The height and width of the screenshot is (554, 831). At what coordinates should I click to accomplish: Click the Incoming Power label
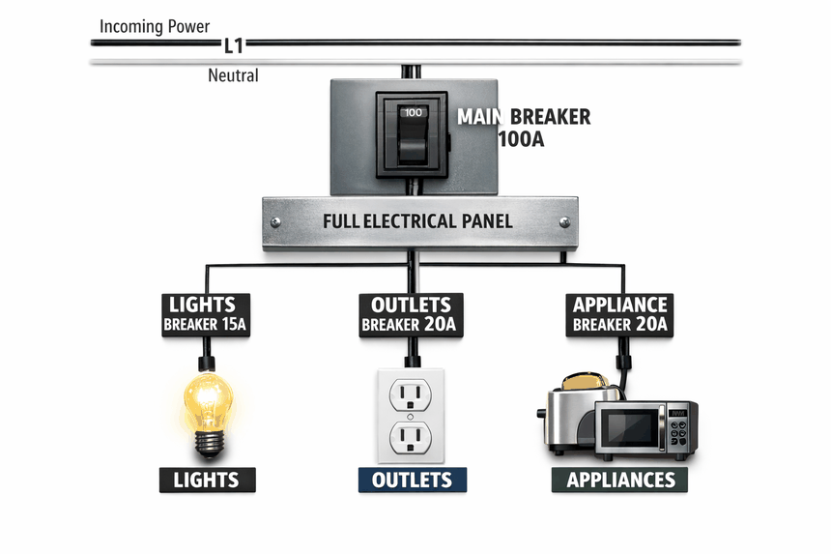pyautogui.click(x=155, y=26)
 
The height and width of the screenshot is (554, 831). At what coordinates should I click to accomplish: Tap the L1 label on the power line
pyautogui.click(x=233, y=44)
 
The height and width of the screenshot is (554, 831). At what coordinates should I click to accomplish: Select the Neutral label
pyautogui.click(x=233, y=75)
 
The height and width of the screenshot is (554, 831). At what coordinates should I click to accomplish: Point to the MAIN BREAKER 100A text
pyautogui.click(x=523, y=128)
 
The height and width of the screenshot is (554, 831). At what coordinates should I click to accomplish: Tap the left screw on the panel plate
pyautogui.click(x=276, y=221)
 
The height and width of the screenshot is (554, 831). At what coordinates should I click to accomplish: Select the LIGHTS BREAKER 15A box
pyautogui.click(x=205, y=314)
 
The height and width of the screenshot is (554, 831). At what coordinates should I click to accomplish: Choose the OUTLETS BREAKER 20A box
pyautogui.click(x=410, y=314)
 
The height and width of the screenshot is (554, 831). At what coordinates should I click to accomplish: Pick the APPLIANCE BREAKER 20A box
pyautogui.click(x=619, y=314)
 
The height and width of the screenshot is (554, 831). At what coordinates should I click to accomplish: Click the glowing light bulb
pyautogui.click(x=210, y=401)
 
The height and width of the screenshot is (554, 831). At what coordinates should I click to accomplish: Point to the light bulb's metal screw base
pyautogui.click(x=210, y=441)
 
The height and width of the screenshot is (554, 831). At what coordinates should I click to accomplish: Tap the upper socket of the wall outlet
pyautogui.click(x=411, y=394)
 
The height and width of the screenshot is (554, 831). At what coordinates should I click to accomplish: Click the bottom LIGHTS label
pyautogui.click(x=206, y=480)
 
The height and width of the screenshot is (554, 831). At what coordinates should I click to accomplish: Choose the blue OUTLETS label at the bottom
pyautogui.click(x=412, y=480)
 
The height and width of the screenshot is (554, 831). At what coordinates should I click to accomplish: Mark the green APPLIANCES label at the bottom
pyautogui.click(x=620, y=480)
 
